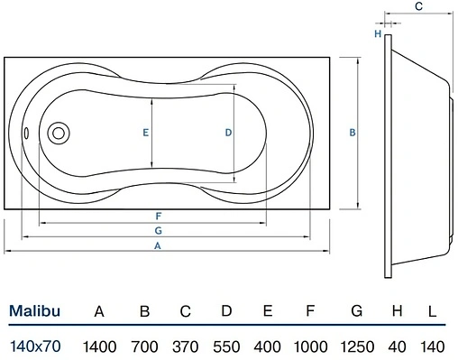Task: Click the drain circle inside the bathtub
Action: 59,133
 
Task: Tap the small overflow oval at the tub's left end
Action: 26,134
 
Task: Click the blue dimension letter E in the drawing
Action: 145,133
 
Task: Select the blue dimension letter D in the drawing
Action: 228,133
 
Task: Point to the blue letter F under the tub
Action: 159,216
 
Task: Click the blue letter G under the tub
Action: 158,231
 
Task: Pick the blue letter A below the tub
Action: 158,245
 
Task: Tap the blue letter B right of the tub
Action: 353,133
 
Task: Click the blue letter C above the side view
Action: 418,6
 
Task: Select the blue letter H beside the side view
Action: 378,33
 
